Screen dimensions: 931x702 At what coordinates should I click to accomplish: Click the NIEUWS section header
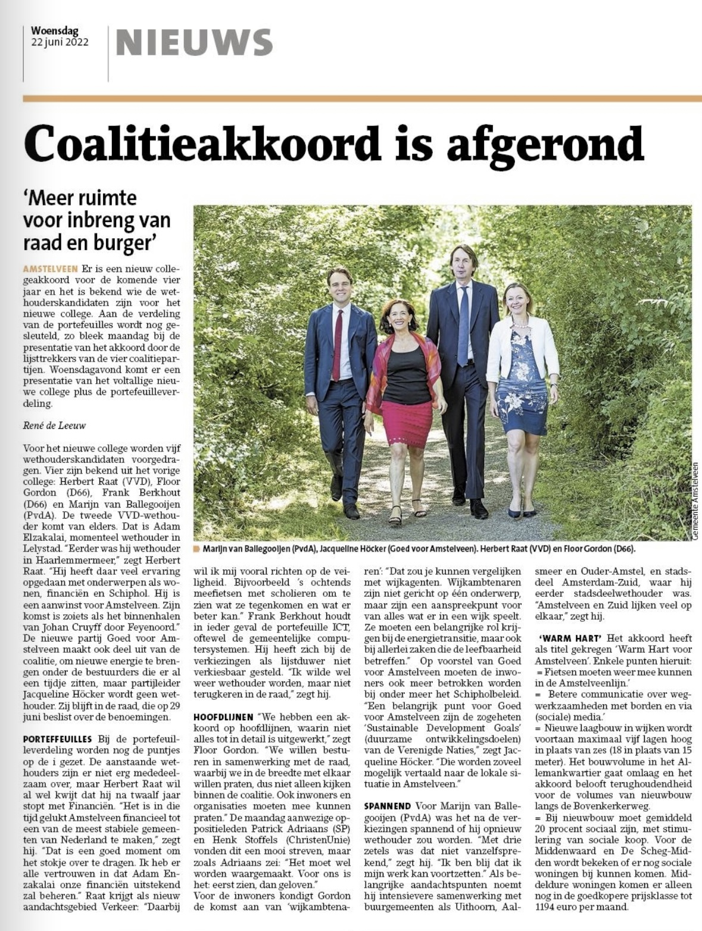click(x=194, y=43)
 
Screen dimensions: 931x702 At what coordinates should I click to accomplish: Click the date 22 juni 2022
click(x=60, y=42)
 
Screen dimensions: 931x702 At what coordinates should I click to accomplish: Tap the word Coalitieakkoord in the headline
click(x=202, y=144)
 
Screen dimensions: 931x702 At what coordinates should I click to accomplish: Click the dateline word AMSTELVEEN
click(x=50, y=269)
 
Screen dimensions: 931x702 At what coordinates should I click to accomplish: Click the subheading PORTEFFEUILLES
click(x=58, y=739)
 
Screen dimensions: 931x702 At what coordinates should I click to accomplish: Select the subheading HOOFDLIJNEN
click(x=223, y=717)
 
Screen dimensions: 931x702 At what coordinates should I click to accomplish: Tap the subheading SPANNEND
click(x=388, y=806)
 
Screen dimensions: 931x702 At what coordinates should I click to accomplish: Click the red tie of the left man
click(x=338, y=345)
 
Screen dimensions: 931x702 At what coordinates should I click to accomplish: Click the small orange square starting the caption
click(x=196, y=549)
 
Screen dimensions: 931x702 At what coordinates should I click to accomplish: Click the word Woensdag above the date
click(x=54, y=31)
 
